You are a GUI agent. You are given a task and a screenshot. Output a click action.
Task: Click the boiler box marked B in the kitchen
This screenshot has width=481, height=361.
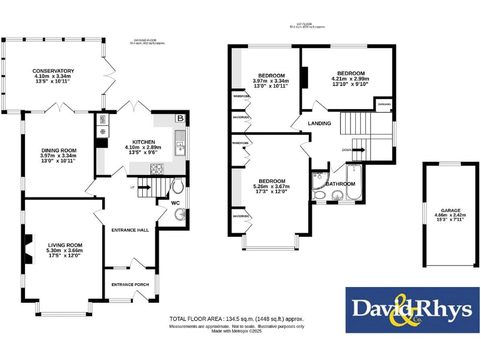click(x=181, y=118)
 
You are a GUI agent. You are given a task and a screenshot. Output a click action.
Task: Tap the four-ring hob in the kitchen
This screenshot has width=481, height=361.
click(x=155, y=168)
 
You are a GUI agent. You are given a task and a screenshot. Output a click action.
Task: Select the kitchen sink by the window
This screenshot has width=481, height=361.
click(x=180, y=145)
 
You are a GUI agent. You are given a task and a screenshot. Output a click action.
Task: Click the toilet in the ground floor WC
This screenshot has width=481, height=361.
click(x=177, y=186)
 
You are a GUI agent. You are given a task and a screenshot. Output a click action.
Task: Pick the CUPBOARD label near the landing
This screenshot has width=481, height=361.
click(x=383, y=104)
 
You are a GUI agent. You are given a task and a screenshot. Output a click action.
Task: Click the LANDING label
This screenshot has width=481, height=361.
click(x=319, y=123)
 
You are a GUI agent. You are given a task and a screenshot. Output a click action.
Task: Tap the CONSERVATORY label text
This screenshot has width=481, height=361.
click(x=53, y=71)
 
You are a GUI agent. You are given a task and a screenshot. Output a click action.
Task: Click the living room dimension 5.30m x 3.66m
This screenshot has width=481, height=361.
click(x=65, y=251)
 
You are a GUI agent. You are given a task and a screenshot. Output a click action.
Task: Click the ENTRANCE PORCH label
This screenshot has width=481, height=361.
click(x=130, y=285)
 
